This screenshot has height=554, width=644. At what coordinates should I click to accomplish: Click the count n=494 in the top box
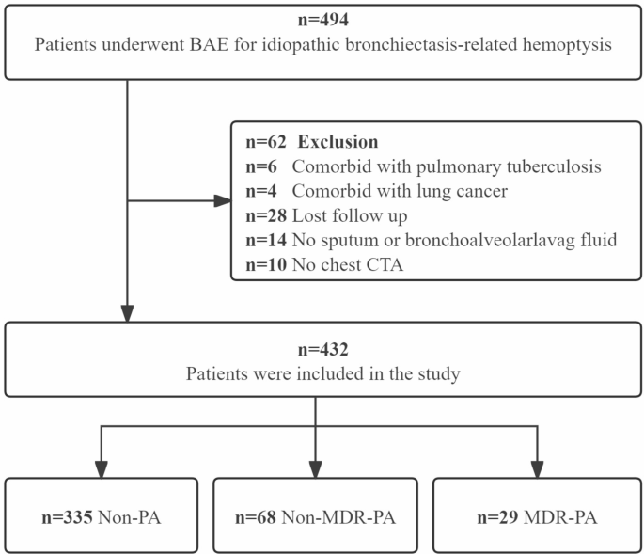[323, 20]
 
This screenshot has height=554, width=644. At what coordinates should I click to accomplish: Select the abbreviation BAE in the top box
[209, 44]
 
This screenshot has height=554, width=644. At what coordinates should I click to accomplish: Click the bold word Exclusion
[338, 142]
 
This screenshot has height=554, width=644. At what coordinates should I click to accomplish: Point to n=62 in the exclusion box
[266, 142]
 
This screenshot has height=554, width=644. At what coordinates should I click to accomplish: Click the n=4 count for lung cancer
[261, 191]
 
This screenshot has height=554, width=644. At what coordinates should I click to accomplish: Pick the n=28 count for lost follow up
[266, 215]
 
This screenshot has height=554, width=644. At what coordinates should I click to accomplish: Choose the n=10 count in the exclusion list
[266, 265]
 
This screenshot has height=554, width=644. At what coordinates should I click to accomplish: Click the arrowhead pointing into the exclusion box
[223, 201]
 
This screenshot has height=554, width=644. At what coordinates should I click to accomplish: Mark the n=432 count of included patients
[323, 350]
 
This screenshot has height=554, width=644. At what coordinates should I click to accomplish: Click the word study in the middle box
[439, 374]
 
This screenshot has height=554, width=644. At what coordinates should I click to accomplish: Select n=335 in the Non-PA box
[67, 517]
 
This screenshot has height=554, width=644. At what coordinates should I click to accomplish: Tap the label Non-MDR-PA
[338, 517]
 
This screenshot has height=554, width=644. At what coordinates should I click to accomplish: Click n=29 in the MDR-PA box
[497, 517]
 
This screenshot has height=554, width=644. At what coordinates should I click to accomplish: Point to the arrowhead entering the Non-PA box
[101, 469]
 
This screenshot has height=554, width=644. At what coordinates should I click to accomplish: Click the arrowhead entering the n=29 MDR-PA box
[537, 469]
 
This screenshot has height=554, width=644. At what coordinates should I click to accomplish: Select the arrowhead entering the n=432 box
[127, 313]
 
